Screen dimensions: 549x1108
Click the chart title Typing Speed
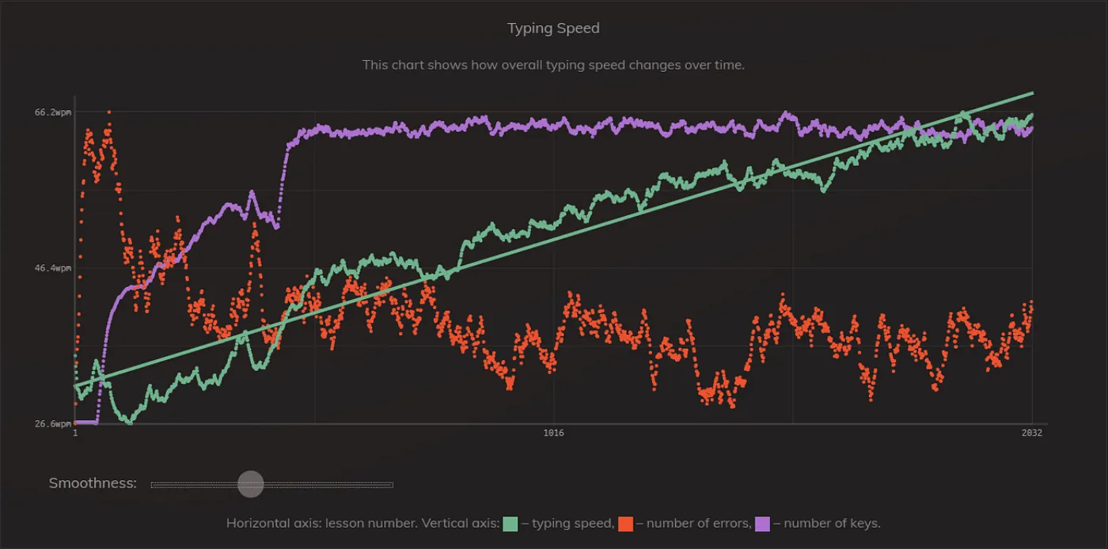[x=553, y=28]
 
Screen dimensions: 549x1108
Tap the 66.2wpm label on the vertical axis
[x=52, y=112]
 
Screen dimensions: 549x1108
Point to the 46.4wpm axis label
[x=52, y=269]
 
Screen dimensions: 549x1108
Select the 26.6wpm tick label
[x=52, y=424]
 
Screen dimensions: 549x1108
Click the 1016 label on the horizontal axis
[x=553, y=434]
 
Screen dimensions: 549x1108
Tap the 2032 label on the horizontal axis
[x=1031, y=434]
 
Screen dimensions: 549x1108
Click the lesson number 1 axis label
[x=75, y=434]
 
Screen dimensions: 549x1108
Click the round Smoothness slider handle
[x=251, y=484]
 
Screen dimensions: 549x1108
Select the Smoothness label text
[x=93, y=483]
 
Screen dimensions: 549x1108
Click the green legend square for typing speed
[x=510, y=524]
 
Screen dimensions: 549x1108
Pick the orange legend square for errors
[x=625, y=524]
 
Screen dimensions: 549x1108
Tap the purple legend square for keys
[x=762, y=524]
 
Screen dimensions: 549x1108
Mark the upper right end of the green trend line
[x=1031, y=93]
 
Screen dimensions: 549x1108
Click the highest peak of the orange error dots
[x=108, y=112]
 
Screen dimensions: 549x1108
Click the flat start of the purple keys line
[x=85, y=422]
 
